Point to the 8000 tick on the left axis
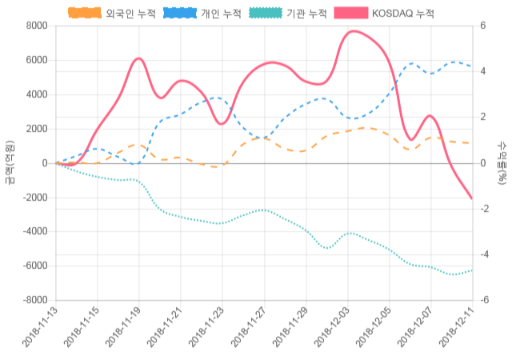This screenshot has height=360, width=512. click(36, 26)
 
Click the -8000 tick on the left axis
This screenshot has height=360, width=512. click(34, 300)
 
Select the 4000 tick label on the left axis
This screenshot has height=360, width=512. click(36, 94)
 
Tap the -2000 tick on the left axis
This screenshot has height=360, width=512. click(34, 198)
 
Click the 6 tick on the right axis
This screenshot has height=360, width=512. click(482, 26)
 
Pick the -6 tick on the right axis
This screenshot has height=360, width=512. click(484, 300)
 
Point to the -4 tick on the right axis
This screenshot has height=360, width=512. click(484, 254)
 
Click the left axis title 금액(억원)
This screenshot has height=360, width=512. click(10, 162)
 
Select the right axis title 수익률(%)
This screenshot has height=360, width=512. click(502, 162)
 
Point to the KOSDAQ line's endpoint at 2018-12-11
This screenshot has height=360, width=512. click(472, 198)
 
